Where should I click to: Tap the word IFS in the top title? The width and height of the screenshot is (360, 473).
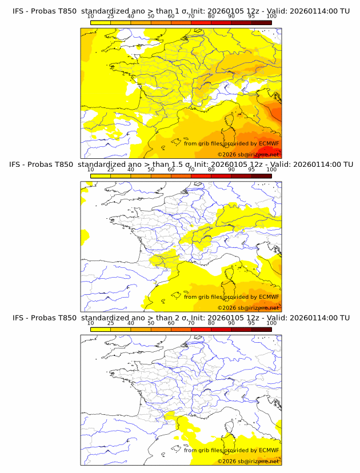[x=18, y=11]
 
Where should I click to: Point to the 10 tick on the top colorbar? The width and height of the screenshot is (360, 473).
[x=91, y=16]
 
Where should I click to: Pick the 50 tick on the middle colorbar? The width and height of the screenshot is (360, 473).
[x=151, y=170]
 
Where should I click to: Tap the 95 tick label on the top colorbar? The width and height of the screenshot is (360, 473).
[x=251, y=16]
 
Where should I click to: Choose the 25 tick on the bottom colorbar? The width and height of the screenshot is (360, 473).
[x=111, y=323]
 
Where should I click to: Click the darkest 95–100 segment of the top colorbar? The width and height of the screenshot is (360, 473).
[x=261, y=22]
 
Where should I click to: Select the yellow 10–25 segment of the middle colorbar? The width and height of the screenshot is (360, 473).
[x=101, y=175]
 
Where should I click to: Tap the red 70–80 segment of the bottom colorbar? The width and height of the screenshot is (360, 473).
[x=201, y=328]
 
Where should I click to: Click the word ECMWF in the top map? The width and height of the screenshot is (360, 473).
[x=269, y=143]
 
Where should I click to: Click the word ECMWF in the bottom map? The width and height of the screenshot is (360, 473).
[x=269, y=450]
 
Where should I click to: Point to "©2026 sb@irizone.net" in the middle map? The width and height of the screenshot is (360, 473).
[x=248, y=307]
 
